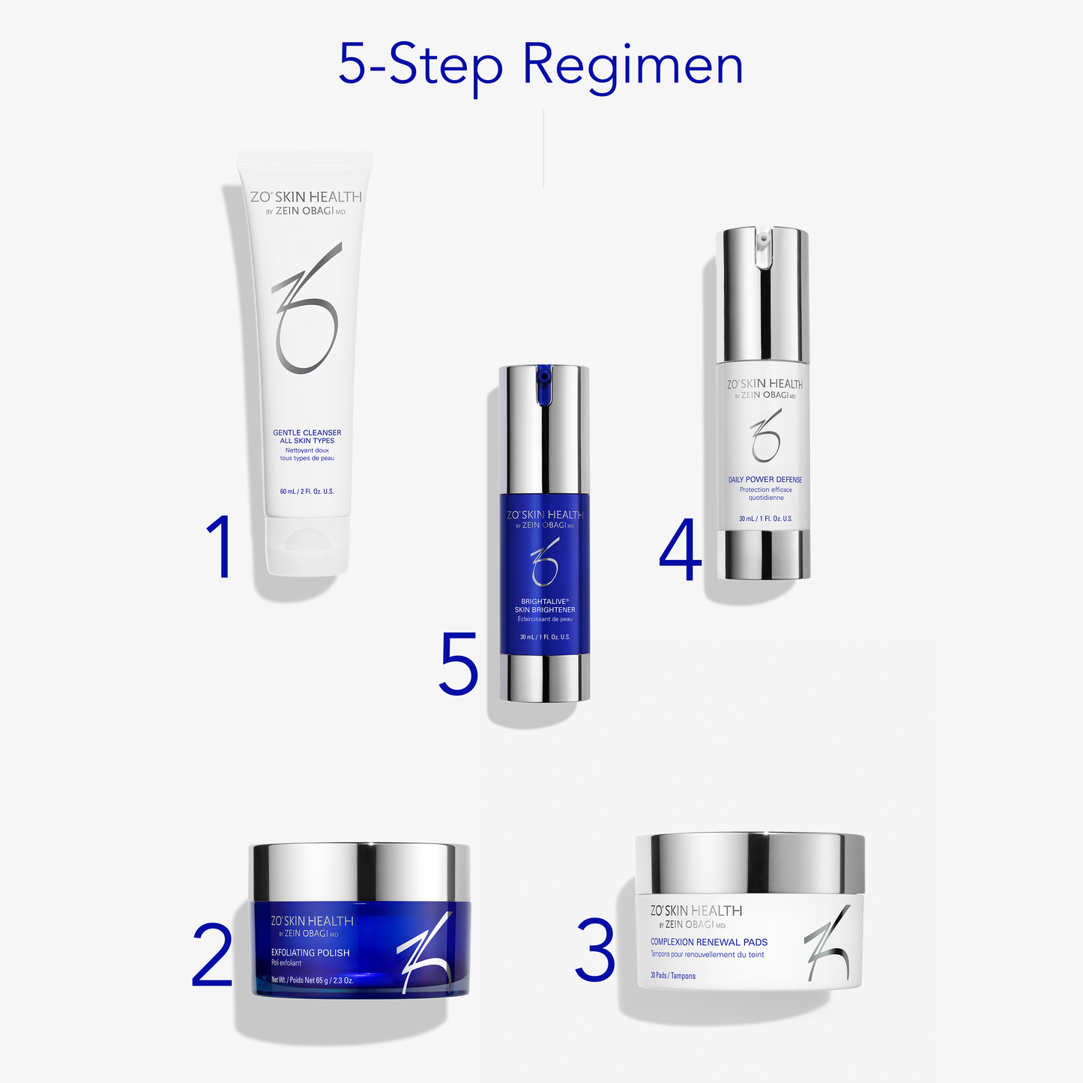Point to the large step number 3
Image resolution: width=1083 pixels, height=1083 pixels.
pyautogui.click(x=595, y=950)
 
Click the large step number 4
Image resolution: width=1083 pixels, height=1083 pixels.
pyautogui.click(x=681, y=551)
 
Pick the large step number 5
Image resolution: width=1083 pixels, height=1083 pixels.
pyautogui.click(x=458, y=663)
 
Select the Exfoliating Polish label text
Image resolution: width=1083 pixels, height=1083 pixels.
pyautogui.click(x=310, y=953)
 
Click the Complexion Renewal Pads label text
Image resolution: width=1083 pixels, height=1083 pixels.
pyautogui.click(x=708, y=942)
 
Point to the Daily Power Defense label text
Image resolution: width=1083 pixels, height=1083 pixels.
pyautogui.click(x=764, y=480)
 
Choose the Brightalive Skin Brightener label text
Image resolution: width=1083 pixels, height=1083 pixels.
pyautogui.click(x=545, y=606)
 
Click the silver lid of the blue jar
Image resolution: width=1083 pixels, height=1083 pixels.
pyautogui.click(x=360, y=872)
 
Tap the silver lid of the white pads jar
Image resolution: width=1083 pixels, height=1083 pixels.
pyautogui.click(x=749, y=862)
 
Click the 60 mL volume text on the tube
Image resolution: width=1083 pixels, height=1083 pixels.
pyautogui.click(x=307, y=492)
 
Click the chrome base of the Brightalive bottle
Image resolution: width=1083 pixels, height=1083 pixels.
pyautogui.click(x=545, y=678)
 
